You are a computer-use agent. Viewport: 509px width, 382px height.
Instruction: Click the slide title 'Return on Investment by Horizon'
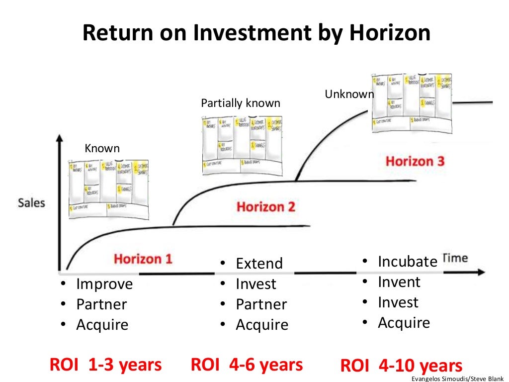coord(255,33)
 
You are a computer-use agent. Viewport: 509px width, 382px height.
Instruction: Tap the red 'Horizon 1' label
coord(143,259)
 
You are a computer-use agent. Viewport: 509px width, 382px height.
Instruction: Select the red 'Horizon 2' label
coord(265,206)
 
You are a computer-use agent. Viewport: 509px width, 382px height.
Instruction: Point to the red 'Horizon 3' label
coord(415,161)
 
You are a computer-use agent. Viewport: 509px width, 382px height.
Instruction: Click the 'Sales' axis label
coord(31,203)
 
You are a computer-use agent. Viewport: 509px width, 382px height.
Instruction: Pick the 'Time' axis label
coord(455,258)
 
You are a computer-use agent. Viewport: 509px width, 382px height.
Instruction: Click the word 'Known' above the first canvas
coord(102,148)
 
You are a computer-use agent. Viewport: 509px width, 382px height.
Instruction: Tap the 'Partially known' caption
coord(241,103)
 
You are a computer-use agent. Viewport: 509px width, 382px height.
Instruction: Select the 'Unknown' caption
coord(349,94)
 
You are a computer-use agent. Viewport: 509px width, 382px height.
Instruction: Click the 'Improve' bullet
coord(104,284)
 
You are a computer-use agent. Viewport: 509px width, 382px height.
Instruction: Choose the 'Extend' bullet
coord(259,263)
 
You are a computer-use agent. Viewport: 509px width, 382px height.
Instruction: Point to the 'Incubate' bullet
coord(408,261)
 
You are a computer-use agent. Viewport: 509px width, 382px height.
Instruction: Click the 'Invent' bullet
coord(399,282)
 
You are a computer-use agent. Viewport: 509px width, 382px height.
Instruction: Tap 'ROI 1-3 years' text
coord(105,365)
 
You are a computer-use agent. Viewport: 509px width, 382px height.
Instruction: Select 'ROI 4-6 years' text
coord(247,365)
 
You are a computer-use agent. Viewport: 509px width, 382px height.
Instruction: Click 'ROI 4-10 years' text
coord(401,366)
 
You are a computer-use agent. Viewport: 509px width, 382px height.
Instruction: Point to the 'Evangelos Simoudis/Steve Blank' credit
coord(457,379)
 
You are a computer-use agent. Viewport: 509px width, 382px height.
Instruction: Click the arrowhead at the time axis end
coord(480,272)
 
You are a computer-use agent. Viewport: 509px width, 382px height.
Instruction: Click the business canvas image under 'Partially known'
coord(242,145)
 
